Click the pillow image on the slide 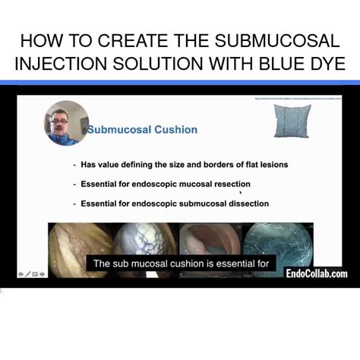point(291,122)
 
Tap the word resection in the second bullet point(228,184)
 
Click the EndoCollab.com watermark point(316,274)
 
